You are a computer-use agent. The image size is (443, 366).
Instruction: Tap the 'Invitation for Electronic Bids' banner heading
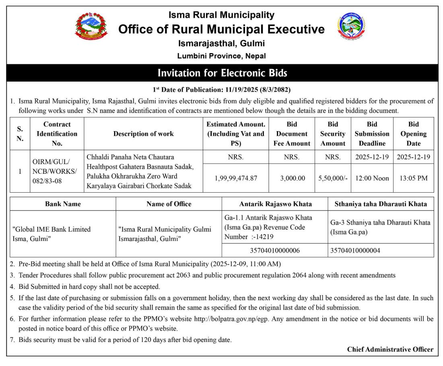click(x=222, y=73)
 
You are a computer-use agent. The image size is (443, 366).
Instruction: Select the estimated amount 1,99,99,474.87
click(x=236, y=178)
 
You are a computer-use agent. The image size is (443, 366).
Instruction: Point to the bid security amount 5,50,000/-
click(x=333, y=178)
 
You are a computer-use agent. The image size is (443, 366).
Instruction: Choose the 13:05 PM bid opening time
click(x=413, y=178)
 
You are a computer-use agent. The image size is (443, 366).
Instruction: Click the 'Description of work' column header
click(x=144, y=134)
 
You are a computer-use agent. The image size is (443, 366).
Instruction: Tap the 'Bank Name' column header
click(x=63, y=204)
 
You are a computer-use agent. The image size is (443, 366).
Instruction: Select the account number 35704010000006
click(x=275, y=251)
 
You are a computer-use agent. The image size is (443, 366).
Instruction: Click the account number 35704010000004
click(x=355, y=251)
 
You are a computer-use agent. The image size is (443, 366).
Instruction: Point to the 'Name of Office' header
click(x=169, y=204)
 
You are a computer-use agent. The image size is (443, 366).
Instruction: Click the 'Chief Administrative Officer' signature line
click(x=390, y=350)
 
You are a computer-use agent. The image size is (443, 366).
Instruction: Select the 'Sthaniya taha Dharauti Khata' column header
click(x=381, y=204)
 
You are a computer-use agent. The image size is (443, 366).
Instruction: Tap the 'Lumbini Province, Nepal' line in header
click(x=221, y=56)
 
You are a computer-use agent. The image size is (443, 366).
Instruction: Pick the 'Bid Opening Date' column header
click(x=413, y=134)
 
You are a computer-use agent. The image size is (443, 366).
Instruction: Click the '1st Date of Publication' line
click(x=221, y=89)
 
